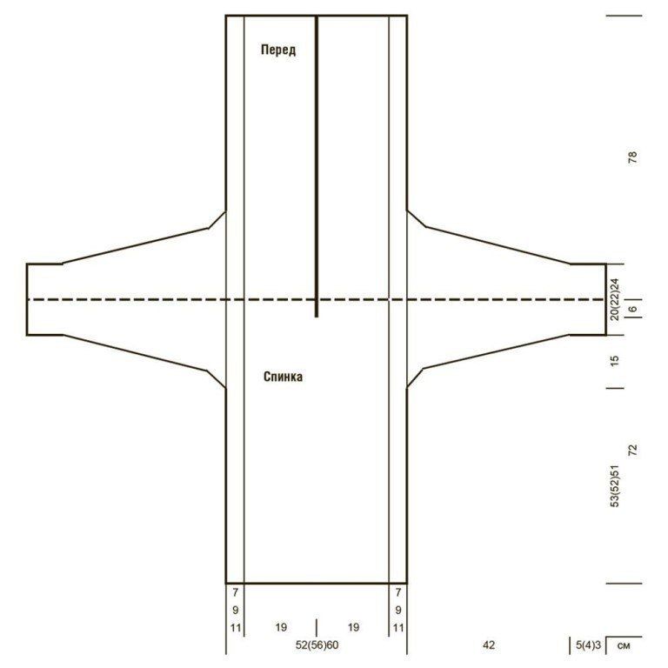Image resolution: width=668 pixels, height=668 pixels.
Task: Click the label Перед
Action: coord(278,50)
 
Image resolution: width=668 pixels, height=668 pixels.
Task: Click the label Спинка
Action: coord(284,377)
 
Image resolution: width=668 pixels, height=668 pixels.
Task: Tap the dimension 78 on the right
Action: coord(633,157)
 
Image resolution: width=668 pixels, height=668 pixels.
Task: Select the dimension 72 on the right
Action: coord(633,451)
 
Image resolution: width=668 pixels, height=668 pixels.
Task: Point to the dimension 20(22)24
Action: coord(615,299)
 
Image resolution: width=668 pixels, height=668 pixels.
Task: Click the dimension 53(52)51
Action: coord(615,485)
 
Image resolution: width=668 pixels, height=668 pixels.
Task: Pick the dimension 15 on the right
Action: coord(615,360)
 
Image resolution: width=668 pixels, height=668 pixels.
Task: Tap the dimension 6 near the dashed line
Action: coord(633,309)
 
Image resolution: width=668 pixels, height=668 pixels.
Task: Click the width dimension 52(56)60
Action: coord(317,645)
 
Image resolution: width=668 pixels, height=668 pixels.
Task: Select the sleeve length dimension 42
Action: coord(489,645)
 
